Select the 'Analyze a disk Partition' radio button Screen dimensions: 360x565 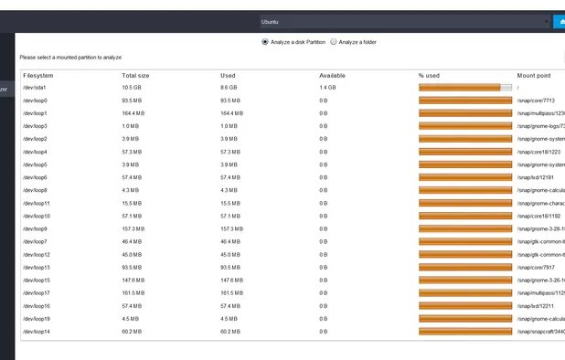click(265, 41)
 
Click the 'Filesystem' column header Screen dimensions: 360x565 click(38, 75)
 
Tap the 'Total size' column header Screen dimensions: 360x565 click(135, 75)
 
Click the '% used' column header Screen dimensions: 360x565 click(429, 75)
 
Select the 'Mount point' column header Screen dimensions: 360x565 click(533, 75)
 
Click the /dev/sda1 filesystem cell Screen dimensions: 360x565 click(35, 88)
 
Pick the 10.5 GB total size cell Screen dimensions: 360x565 click(132, 88)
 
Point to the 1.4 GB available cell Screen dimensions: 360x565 click(327, 88)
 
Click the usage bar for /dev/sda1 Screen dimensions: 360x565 click(465, 88)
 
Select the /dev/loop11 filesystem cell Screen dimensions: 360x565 click(37, 203)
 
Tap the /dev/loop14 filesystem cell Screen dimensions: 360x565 click(37, 331)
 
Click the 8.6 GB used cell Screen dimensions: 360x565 click(229, 88)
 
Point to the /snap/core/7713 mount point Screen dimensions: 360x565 click(537, 101)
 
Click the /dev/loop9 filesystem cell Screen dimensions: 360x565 click(36, 228)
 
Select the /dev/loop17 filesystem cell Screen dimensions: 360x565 click(37, 292)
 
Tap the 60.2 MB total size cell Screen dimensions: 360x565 click(132, 331)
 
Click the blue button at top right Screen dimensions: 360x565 click(559, 21)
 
